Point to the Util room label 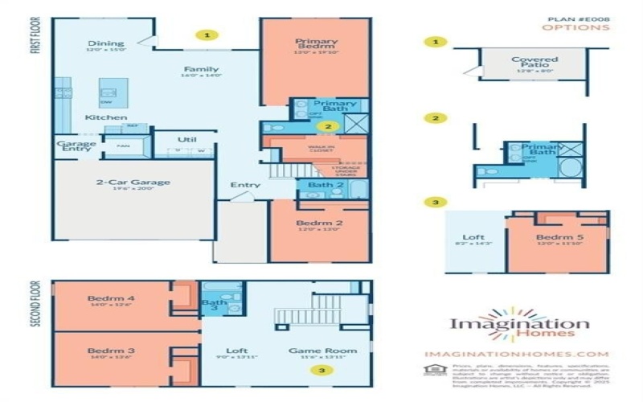click(x=187, y=139)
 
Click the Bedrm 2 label click(x=313, y=222)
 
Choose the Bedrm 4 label click(x=110, y=300)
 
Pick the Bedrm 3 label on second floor click(x=110, y=351)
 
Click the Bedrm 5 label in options click(x=555, y=237)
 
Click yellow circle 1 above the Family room click(x=207, y=35)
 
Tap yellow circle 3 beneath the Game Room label click(x=322, y=370)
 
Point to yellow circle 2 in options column click(x=435, y=117)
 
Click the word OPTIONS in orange click(x=575, y=27)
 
